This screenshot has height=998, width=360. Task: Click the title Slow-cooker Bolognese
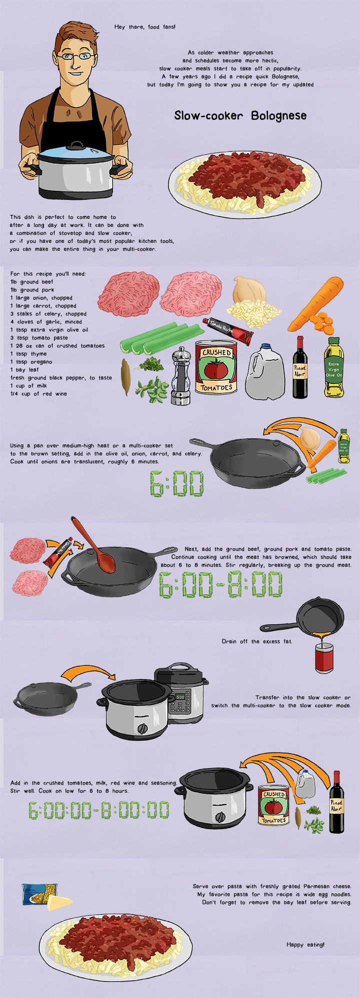(240, 116)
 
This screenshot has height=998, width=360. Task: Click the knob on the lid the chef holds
(77, 145)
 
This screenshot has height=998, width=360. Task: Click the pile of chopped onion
(253, 313)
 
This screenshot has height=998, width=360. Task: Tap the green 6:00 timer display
(177, 484)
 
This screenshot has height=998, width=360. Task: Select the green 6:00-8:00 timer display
(220, 585)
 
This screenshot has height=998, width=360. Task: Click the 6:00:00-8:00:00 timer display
(98, 810)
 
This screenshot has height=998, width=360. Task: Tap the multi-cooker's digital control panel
(179, 702)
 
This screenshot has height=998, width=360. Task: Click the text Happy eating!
(305, 944)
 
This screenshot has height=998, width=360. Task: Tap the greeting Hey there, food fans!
(144, 26)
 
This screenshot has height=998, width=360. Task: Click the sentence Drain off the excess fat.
(257, 641)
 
